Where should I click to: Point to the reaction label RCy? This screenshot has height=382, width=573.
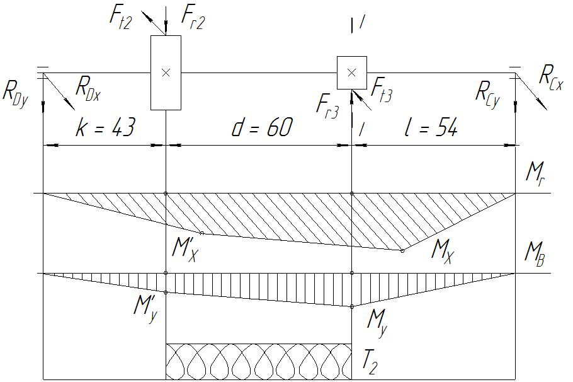(x=487, y=94)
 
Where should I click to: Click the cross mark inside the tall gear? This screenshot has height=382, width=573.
(x=166, y=73)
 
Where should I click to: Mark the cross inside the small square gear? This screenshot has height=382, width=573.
(x=352, y=72)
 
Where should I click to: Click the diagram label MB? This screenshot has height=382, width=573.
(x=536, y=253)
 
